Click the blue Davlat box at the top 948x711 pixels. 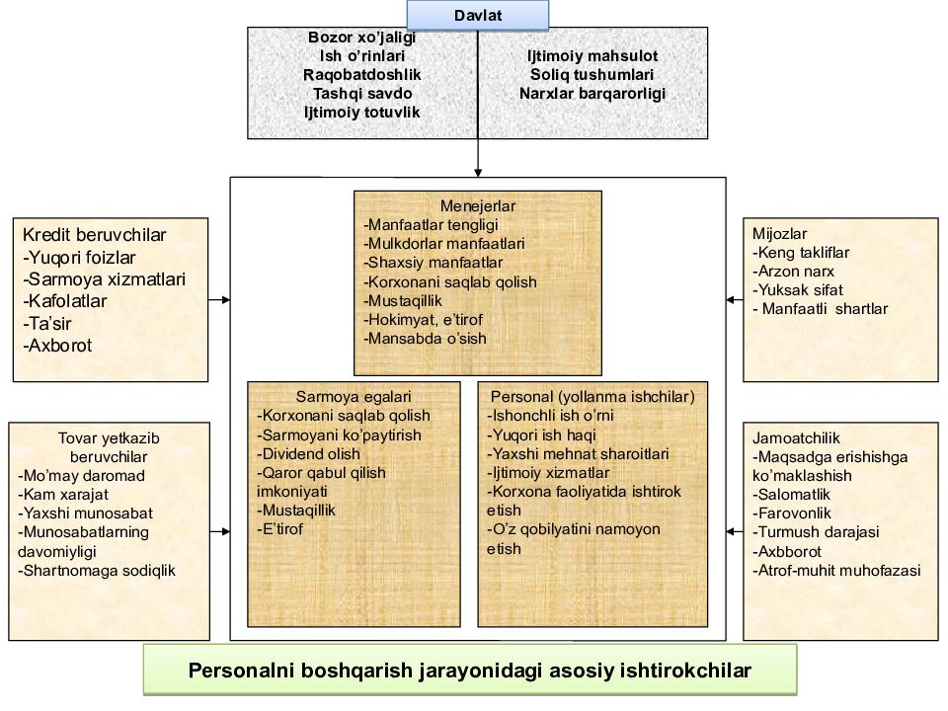pyautogui.click(x=478, y=14)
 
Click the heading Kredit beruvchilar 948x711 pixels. pyautogui.click(x=94, y=235)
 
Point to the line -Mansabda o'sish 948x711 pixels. pyautogui.click(x=426, y=338)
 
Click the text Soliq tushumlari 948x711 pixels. pyautogui.click(x=592, y=74)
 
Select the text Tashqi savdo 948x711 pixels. pyautogui.click(x=362, y=93)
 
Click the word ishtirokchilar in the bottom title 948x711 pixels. pyautogui.click(x=671, y=669)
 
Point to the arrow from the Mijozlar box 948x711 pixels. pyautogui.click(x=733, y=297)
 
